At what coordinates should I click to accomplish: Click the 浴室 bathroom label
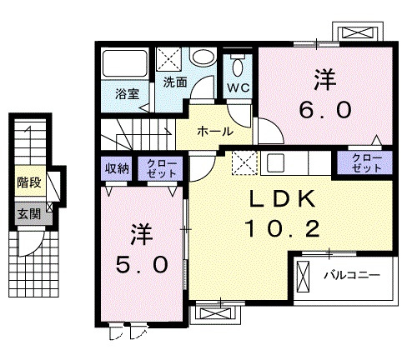coord(128,94)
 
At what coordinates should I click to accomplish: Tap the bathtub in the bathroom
coord(125,63)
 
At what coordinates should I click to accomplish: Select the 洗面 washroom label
coord(175,82)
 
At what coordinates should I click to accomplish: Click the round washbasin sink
coord(203,57)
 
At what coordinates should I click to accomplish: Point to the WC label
coord(239,87)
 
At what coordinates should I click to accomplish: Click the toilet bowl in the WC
coord(238,66)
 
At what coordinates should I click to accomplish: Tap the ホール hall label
coord(215,131)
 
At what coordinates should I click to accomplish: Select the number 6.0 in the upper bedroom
coord(325,109)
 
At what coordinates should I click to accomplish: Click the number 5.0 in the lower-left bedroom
coord(142,264)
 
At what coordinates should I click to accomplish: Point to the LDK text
coord(283,199)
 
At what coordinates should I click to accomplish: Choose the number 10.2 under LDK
coord(283,228)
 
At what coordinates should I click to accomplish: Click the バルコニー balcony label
coord(352,275)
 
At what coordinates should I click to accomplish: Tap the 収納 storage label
coord(117,168)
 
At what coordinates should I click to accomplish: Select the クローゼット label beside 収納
coord(161,168)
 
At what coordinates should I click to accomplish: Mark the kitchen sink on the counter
coord(276,162)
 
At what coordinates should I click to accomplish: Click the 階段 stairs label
coord(29,182)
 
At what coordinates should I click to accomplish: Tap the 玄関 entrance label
coord(29,214)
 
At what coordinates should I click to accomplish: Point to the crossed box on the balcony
coord(303,277)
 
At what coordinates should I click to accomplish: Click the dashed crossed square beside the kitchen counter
coord(244,162)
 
